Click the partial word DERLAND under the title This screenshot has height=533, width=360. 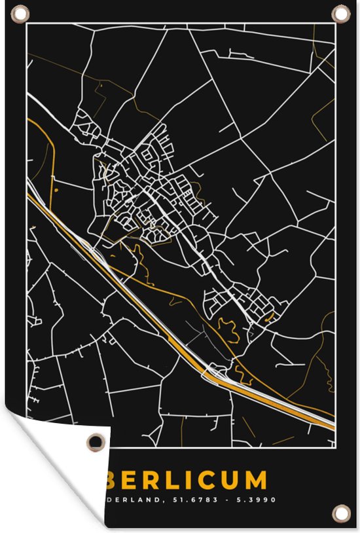tap(136, 500)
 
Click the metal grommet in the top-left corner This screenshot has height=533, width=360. tap(20, 12)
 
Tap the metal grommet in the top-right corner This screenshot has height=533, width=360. tap(340, 12)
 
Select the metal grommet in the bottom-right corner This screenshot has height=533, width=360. tap(340, 512)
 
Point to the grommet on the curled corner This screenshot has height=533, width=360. tap(97, 442)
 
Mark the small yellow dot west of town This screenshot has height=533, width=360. tap(56, 190)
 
